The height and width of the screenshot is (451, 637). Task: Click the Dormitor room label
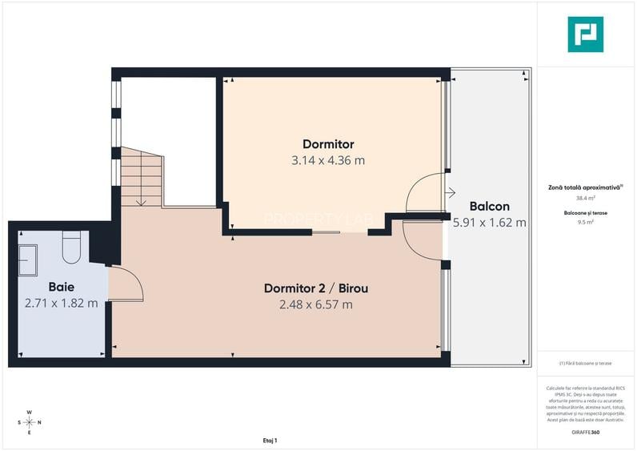328,144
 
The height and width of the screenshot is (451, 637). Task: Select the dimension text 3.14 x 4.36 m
328,160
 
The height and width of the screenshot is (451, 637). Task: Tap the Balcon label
488,205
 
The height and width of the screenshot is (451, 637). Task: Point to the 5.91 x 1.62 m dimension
490,223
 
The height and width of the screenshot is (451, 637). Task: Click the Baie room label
62,286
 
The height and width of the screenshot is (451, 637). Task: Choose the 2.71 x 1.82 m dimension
62,303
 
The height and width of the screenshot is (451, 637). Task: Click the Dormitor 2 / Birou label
315,288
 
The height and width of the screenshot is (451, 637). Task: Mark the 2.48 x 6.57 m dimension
315,304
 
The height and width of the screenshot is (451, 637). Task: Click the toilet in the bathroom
71,247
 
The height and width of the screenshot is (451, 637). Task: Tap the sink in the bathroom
30,258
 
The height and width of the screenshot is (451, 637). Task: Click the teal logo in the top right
585,34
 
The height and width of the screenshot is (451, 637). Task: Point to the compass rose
29,421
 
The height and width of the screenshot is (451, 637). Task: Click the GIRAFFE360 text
586,432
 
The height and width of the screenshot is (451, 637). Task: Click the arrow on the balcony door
451,192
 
